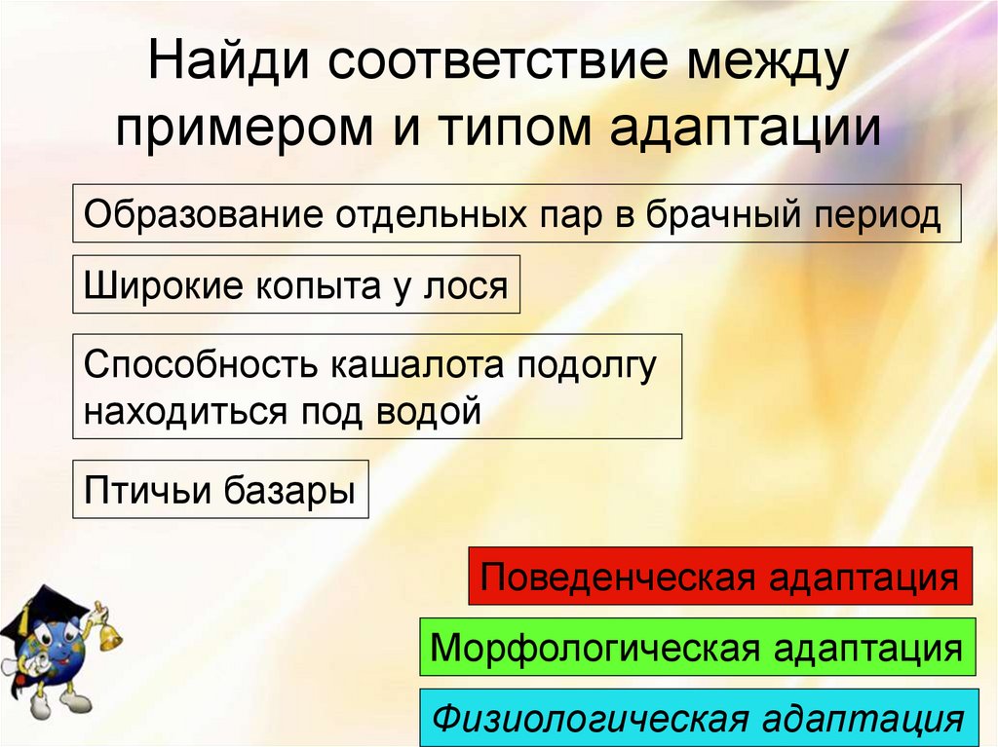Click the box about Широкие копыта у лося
[x=296, y=284]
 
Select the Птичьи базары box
[x=220, y=489]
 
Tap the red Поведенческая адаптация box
[x=720, y=577]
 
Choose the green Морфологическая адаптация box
[x=696, y=647]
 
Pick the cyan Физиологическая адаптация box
[x=699, y=719]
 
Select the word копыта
[x=316, y=285]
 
